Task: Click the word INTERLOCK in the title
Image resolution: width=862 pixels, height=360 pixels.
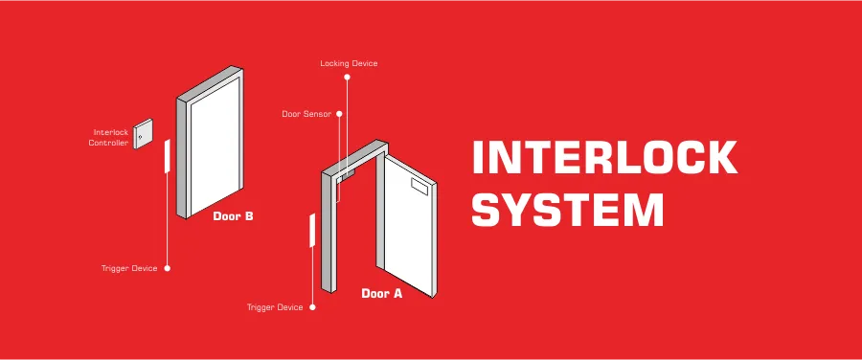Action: [605, 158]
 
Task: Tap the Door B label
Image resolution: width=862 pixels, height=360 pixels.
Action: [234, 216]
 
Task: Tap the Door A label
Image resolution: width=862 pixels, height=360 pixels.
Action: [381, 294]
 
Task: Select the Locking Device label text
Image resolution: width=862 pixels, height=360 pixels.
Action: [349, 63]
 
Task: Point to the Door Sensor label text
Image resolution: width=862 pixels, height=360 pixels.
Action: [306, 113]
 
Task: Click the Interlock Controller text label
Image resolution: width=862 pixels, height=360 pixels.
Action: [109, 137]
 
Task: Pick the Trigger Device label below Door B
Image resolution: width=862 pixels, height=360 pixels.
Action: [129, 268]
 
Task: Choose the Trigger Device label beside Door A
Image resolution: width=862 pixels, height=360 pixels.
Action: [275, 307]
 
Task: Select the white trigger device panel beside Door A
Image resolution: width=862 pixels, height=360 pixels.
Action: [311, 232]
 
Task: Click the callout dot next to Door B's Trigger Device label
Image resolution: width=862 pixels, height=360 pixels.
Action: [167, 268]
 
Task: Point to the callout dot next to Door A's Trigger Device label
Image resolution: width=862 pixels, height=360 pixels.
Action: [312, 307]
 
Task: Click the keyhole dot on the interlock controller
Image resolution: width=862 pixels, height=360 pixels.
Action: [140, 137]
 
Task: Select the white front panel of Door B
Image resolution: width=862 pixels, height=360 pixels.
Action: [215, 153]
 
